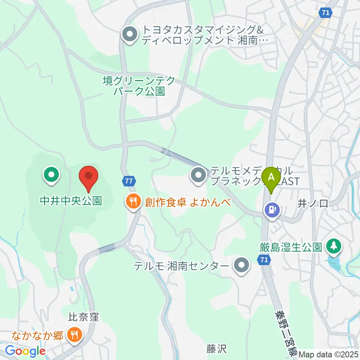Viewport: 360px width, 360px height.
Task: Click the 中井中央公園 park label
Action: (x=71, y=201)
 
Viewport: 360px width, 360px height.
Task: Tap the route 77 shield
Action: (x=129, y=181)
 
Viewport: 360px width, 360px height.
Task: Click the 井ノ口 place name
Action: (x=313, y=204)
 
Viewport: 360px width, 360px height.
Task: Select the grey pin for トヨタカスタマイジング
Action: (x=130, y=35)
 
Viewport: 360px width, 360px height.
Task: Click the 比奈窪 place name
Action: (x=83, y=317)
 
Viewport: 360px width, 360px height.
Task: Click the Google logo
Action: (x=25, y=351)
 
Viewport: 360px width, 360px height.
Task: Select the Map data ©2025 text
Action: (x=328, y=354)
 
